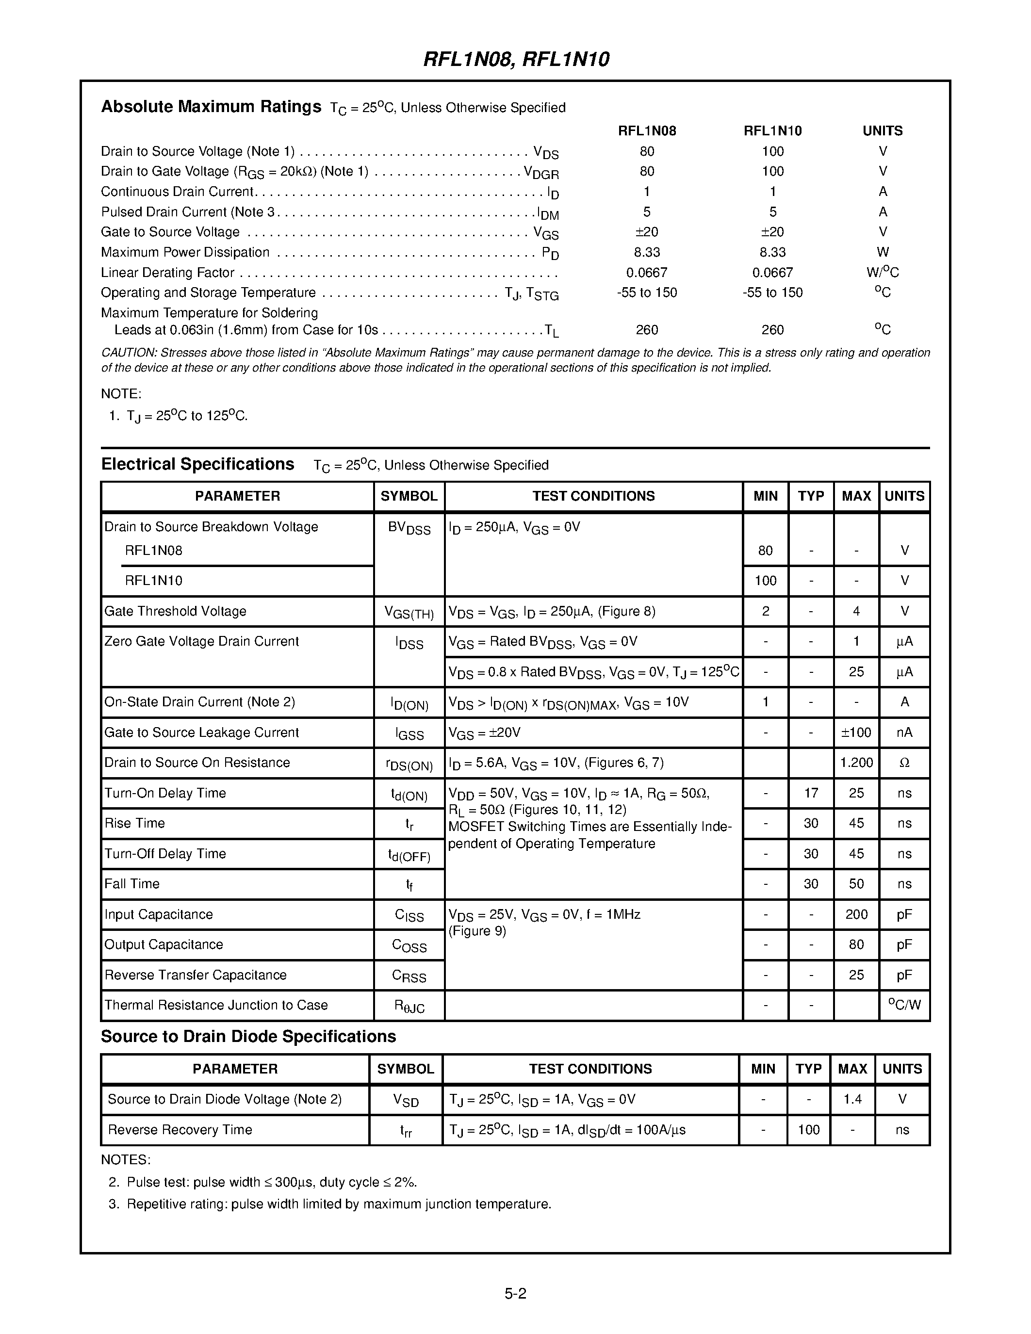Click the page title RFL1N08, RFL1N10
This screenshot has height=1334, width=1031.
516,59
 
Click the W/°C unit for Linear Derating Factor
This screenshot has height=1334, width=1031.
882,273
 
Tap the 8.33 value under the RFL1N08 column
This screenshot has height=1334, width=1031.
646,252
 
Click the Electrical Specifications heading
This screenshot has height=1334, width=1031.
197,464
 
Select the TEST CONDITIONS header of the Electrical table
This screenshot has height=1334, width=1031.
593,496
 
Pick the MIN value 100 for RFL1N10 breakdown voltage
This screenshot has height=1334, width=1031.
765,580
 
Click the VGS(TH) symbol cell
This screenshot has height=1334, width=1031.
409,613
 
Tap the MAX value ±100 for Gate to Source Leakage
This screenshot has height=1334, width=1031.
856,732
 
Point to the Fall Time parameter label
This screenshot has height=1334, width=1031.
132,884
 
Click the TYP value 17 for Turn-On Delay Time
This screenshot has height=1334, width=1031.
811,793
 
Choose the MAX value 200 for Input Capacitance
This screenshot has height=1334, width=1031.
856,914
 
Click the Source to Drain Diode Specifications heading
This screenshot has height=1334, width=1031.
248,1037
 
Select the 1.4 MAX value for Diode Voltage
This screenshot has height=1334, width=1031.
852,1099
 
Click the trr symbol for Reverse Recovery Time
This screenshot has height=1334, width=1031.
406,1131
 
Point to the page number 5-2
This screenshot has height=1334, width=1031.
515,1294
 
